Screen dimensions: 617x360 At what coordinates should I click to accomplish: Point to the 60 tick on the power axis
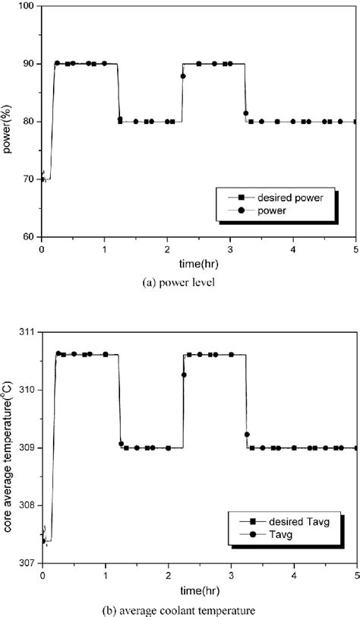(29, 236)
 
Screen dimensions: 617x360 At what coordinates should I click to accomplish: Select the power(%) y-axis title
(8, 121)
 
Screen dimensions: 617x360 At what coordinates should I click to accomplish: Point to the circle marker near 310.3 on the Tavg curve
(184, 375)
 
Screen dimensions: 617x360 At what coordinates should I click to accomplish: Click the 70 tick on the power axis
(29, 179)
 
